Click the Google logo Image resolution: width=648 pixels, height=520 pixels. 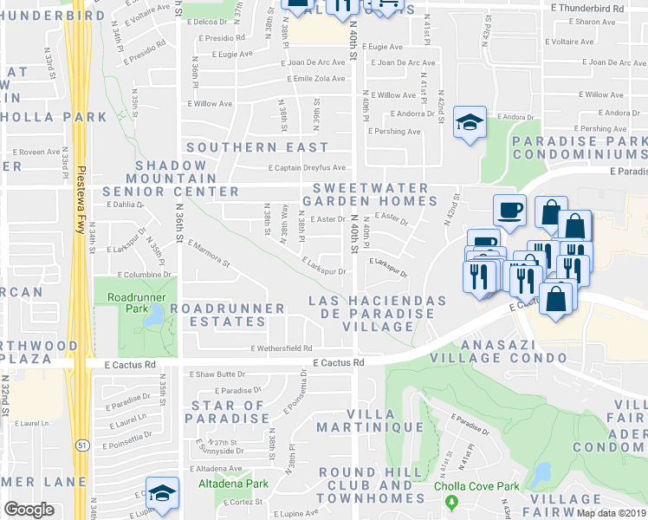pos(29,510)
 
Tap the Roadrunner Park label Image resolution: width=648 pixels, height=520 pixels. pos(129,302)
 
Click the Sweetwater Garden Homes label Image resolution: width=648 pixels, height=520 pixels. pos(370,194)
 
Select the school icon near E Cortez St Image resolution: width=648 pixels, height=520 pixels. pos(162,492)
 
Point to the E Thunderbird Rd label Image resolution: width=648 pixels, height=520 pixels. pos(587,6)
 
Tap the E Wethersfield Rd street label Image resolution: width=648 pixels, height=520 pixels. pos(282,348)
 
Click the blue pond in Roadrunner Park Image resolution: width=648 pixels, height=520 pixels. pos(153,317)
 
